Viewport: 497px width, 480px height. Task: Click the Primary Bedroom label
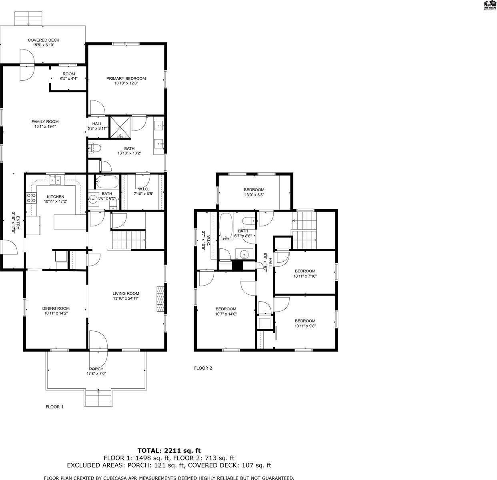tap(126, 79)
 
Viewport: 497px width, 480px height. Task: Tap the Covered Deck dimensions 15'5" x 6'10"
tap(43, 45)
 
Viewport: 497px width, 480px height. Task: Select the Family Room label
tap(45, 122)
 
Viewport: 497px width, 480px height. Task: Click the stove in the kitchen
tap(31, 198)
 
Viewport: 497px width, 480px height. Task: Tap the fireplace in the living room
tap(160, 298)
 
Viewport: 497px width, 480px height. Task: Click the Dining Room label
tap(56, 308)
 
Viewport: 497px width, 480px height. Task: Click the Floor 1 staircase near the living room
tap(128, 240)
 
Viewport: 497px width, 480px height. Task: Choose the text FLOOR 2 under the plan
tap(203, 368)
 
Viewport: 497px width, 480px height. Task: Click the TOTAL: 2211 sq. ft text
tap(169, 450)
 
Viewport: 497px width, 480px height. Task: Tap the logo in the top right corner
tap(489, 5)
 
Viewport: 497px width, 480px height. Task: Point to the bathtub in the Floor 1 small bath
tap(107, 183)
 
